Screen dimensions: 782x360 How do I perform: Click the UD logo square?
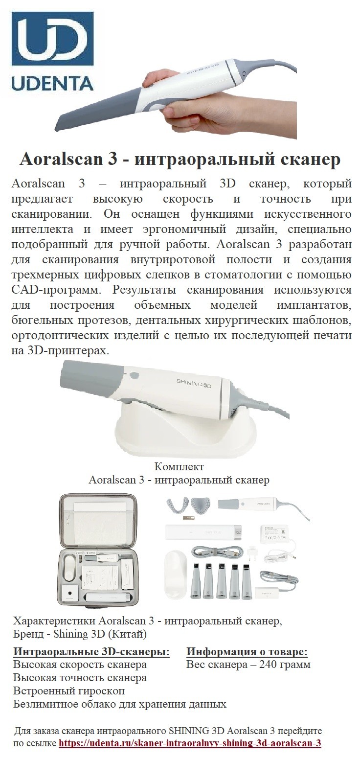click(52, 42)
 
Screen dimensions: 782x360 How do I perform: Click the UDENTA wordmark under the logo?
click(52, 83)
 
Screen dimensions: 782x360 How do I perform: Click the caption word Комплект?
click(179, 466)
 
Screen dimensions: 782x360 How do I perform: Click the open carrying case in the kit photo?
click(96, 551)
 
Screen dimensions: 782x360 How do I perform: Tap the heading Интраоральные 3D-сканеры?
click(91, 651)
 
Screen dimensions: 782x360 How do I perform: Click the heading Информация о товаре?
click(247, 651)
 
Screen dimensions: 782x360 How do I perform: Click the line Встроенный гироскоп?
click(69, 691)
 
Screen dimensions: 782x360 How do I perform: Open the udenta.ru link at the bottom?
click(190, 743)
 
